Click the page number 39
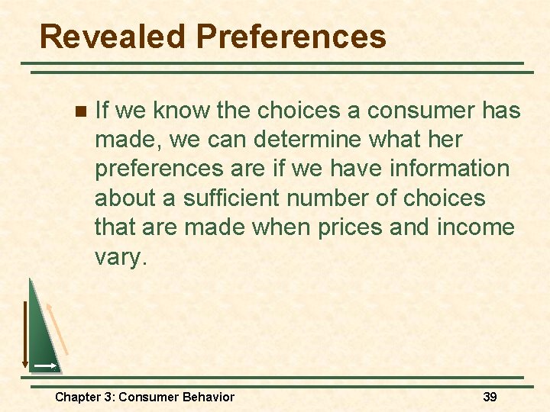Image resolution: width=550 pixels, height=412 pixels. [x=490, y=397]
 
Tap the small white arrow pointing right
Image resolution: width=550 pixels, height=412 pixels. [x=45, y=366]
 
